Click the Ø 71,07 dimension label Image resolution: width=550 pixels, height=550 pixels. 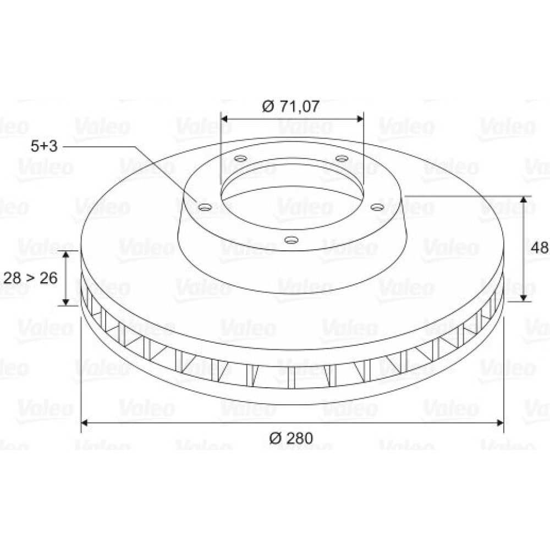point(291,106)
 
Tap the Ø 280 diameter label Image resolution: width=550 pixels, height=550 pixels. point(291,438)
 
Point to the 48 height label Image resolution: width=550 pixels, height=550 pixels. point(540,248)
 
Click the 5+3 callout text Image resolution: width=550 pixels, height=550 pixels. point(44,146)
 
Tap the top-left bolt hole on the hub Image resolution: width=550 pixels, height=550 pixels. point(241,158)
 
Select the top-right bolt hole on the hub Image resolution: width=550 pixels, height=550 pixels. point(342,158)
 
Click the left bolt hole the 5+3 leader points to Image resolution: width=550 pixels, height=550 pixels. point(205,207)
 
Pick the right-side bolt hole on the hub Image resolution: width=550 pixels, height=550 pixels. point(377,207)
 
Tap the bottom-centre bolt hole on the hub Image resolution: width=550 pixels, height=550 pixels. point(291,240)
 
